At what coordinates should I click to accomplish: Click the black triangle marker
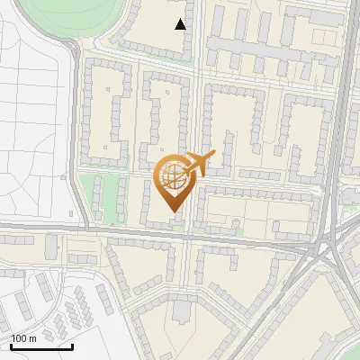(181, 24)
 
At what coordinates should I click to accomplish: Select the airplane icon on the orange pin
(199, 164)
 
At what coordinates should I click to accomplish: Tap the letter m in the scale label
(33, 338)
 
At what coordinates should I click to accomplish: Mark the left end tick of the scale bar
(11, 346)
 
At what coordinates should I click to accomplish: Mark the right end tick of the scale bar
(73, 346)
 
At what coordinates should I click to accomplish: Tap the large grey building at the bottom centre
(183, 310)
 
